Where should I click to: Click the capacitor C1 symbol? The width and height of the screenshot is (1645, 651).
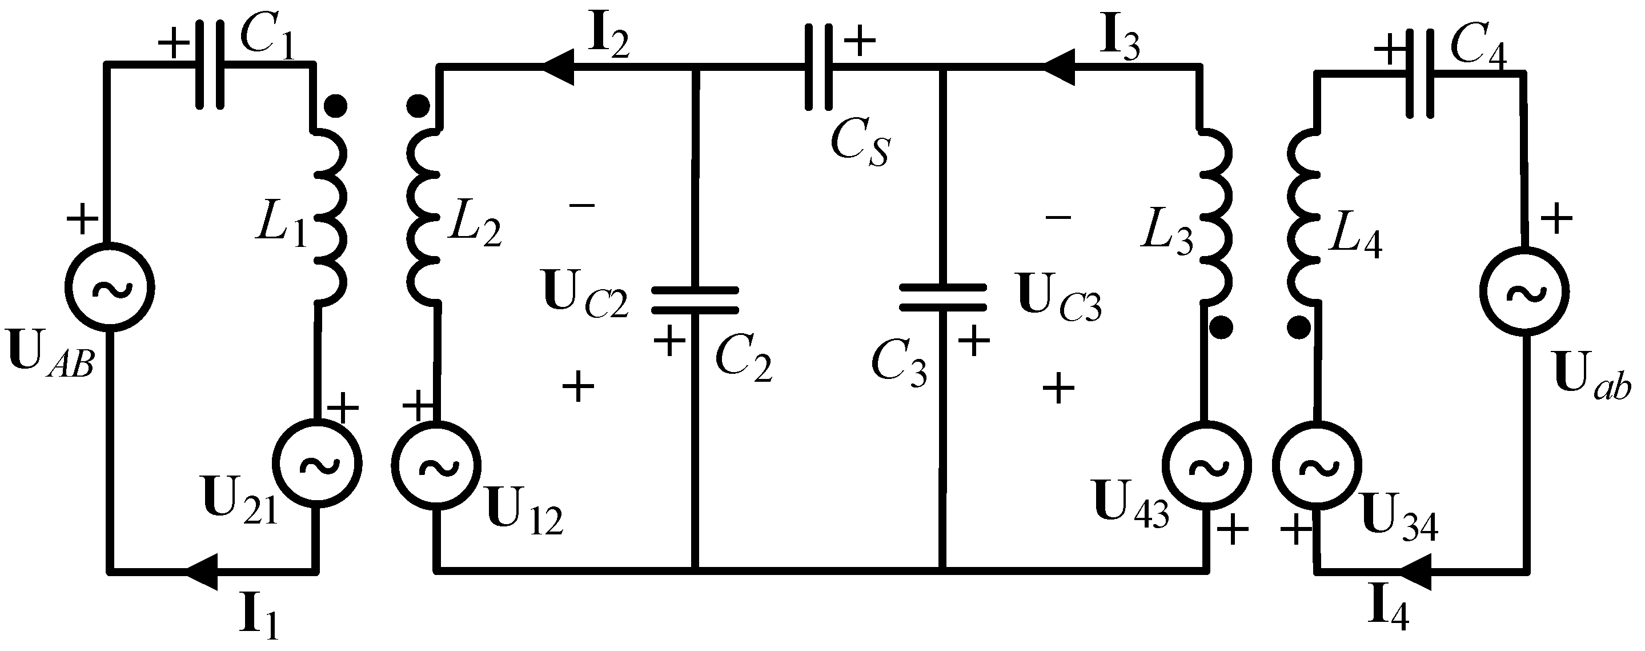210,65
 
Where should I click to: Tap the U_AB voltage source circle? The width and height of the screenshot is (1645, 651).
110,287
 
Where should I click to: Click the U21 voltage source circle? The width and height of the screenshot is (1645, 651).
317,465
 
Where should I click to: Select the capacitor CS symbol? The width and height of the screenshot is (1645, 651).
819,66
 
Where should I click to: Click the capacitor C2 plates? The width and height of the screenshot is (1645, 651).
695,299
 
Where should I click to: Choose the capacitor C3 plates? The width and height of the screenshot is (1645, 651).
942,298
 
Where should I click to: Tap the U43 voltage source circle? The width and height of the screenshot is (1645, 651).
1206,466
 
